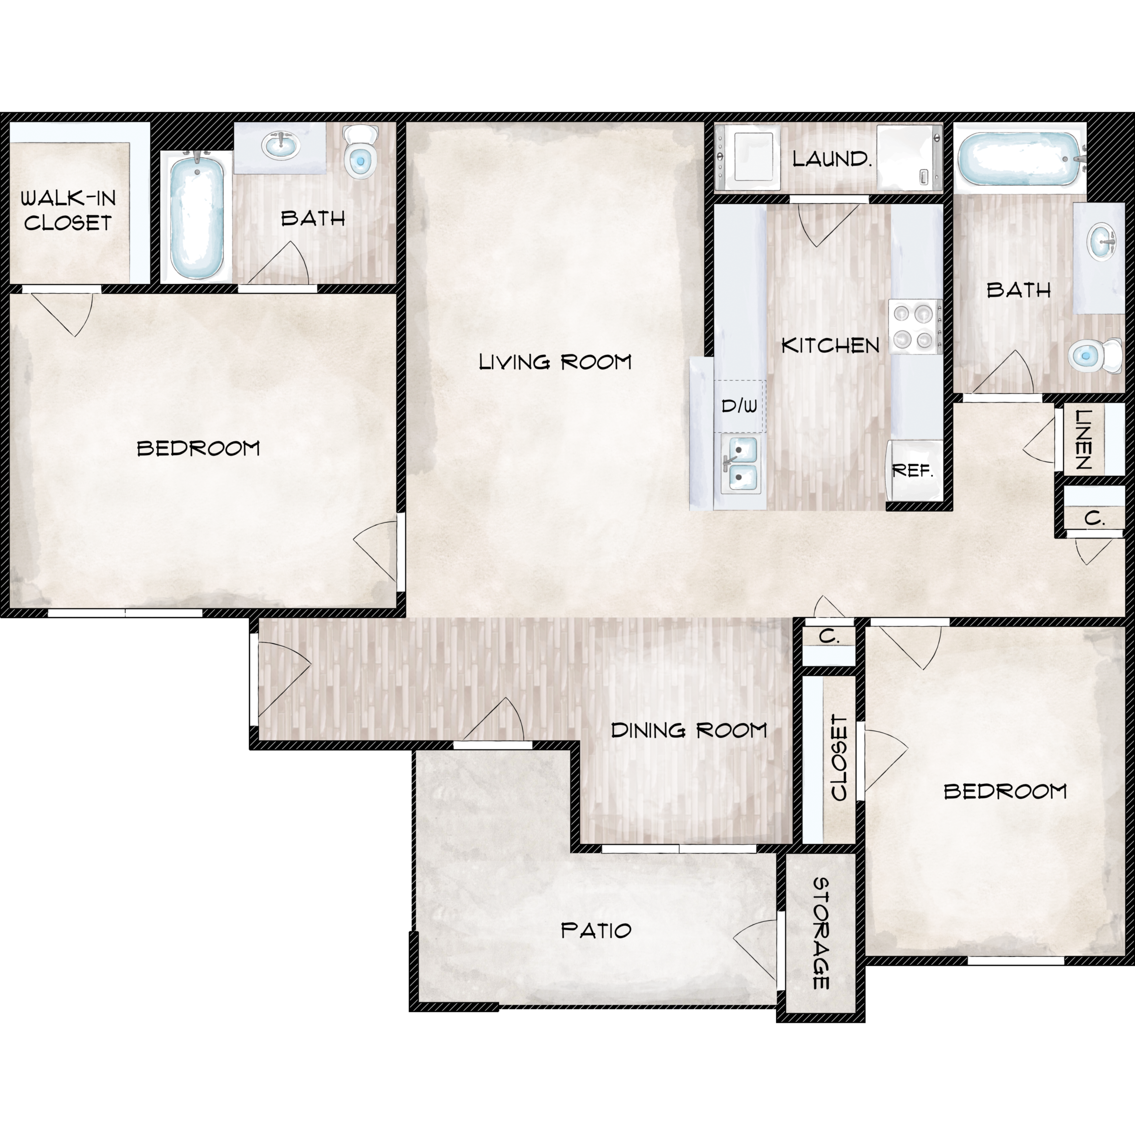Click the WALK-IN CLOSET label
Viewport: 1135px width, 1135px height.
pyautogui.click(x=68, y=210)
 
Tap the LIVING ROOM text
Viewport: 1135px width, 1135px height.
pyautogui.click(x=555, y=362)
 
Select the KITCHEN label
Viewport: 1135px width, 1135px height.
pyautogui.click(x=830, y=345)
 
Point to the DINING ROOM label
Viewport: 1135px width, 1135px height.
pyautogui.click(x=689, y=730)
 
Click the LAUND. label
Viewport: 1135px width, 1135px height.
pyautogui.click(x=831, y=158)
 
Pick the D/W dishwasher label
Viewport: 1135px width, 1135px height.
pyautogui.click(x=739, y=405)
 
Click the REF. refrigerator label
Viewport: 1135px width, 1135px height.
pyautogui.click(x=912, y=470)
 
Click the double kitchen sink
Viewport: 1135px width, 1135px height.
pyautogui.click(x=740, y=464)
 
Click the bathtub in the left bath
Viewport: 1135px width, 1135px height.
pyautogui.click(x=197, y=216)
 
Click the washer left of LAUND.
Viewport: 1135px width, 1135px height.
pyautogui.click(x=747, y=157)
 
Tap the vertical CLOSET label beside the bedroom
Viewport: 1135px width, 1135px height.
pyautogui.click(x=839, y=757)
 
